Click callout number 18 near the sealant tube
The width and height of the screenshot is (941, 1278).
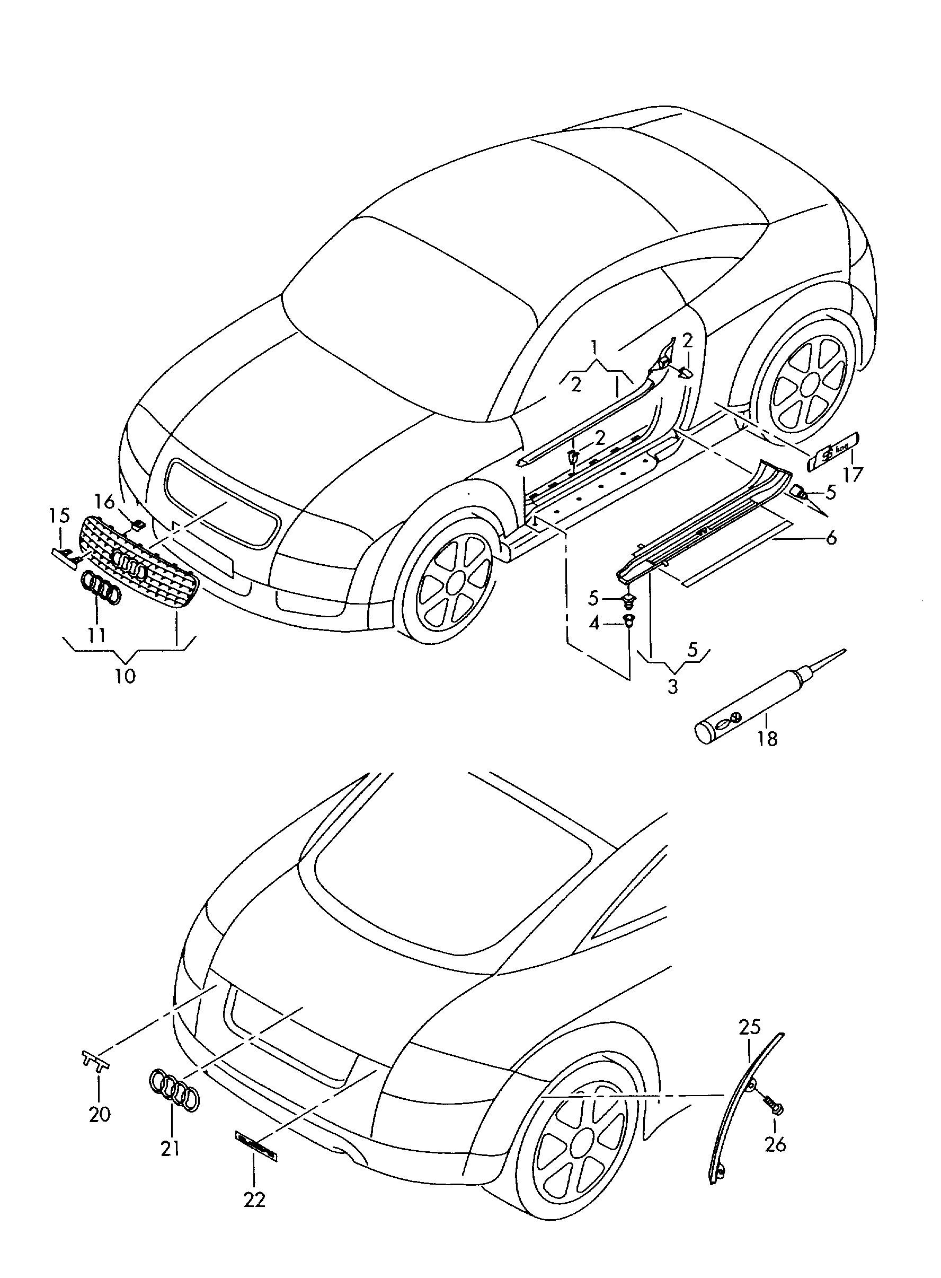[x=767, y=739]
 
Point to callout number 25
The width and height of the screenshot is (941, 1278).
[x=750, y=1028]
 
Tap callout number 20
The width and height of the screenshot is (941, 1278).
[x=100, y=1114]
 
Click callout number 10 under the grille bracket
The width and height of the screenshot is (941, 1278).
[x=126, y=676]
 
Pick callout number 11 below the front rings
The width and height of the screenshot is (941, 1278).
[x=97, y=634]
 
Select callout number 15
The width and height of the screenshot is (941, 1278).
[x=59, y=516]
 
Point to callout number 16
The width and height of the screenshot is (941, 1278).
[x=104, y=502]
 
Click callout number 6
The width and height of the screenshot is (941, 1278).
[x=831, y=537]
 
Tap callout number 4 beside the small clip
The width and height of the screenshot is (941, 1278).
[x=594, y=624]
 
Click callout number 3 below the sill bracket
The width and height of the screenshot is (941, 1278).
[x=673, y=687]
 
